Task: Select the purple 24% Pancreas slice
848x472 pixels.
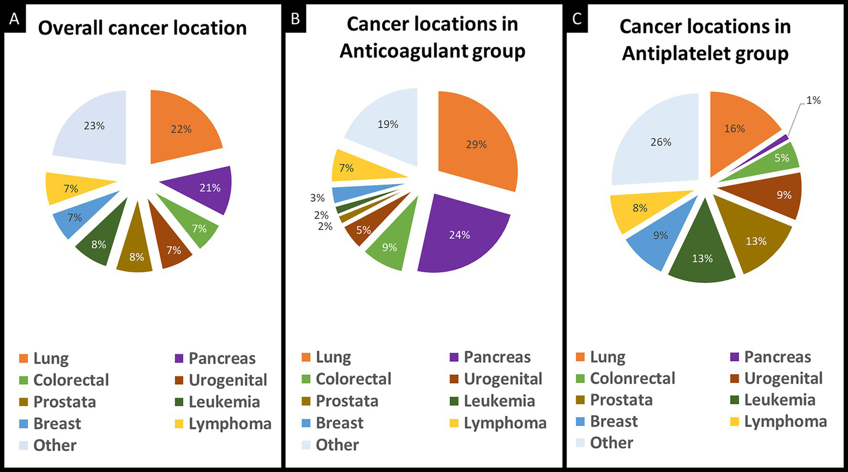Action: pos(459,235)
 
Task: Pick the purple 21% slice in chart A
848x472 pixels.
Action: pos(207,188)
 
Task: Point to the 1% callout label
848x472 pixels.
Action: pos(813,100)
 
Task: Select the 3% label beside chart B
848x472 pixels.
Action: pos(317,198)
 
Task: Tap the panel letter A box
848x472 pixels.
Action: pos(14,19)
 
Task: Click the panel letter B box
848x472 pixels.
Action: pos(296,19)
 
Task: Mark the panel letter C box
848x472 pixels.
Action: pos(577,19)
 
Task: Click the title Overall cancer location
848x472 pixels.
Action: pos(142,28)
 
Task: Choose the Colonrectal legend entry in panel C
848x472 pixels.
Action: pos(632,379)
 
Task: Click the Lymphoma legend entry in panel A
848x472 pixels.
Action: pos(229,424)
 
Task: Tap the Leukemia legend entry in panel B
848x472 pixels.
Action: pos(499,401)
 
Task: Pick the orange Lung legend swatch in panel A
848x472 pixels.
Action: pos(23,359)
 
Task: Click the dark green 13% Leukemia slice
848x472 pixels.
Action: pos(703,251)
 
